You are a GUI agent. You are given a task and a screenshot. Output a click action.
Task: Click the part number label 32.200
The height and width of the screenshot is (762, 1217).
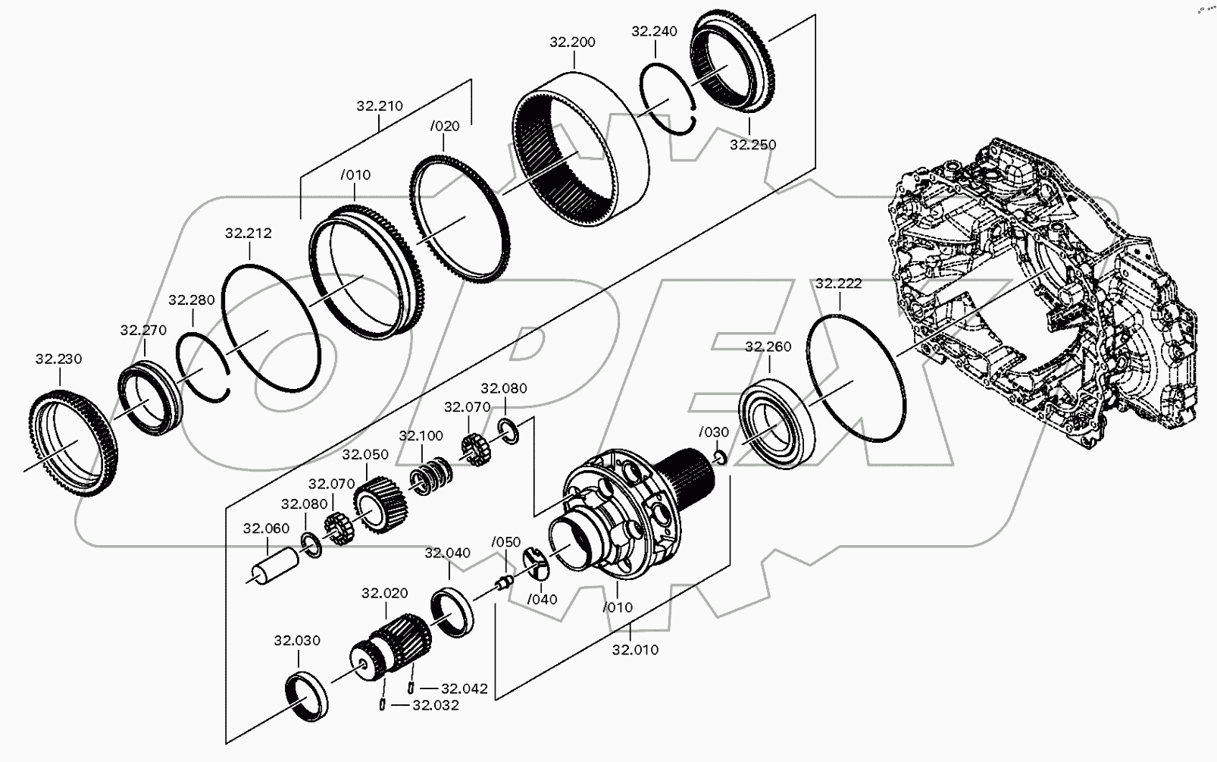pos(572,42)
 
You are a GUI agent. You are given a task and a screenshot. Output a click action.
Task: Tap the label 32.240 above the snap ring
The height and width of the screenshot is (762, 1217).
pos(654,31)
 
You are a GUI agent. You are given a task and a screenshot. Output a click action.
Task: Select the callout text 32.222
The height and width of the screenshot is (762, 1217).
pos(838,284)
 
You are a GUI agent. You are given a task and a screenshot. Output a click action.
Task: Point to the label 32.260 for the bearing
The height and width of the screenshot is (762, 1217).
pos(768,347)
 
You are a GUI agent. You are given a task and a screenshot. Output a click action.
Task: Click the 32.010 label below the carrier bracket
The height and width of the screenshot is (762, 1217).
pos(635,650)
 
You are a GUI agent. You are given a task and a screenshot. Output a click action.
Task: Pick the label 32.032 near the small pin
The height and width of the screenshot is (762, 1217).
pos(435,705)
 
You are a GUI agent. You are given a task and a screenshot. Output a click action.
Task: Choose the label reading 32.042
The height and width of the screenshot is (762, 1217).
pos(464,688)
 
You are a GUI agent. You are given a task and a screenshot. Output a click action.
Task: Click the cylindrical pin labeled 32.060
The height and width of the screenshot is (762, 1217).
pos(272,566)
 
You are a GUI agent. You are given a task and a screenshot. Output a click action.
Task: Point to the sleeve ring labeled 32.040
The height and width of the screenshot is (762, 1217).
pos(453,611)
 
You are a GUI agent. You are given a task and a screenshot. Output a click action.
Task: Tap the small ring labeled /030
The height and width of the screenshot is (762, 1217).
pos(720,456)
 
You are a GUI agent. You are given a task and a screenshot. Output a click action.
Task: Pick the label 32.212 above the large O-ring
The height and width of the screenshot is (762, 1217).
pos(248,234)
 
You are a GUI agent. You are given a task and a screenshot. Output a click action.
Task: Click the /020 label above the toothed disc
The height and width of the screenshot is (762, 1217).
pos(444,126)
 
